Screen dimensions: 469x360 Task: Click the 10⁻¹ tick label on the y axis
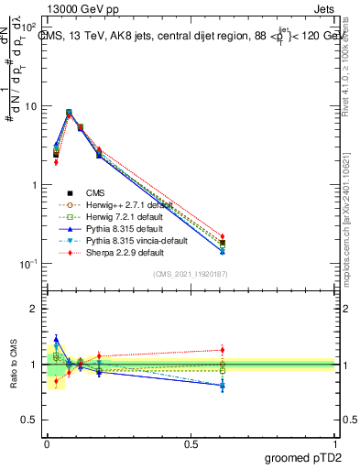(30, 264)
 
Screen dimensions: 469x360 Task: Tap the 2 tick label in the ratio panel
(35, 310)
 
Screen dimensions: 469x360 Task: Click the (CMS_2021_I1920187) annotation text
(191, 274)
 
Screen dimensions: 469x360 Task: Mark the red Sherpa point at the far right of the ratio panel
(223, 349)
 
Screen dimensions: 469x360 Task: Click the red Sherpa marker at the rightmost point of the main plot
(223, 237)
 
